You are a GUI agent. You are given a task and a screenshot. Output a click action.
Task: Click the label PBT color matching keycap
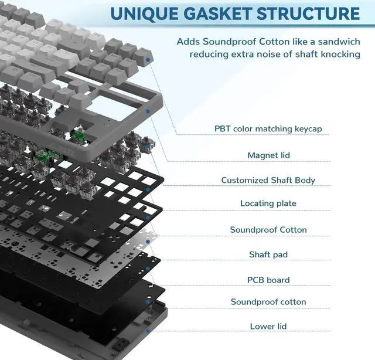268,128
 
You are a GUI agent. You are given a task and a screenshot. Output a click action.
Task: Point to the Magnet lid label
268,155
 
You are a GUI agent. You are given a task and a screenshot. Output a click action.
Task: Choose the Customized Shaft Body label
268,180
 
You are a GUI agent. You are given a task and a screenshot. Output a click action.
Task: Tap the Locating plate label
268,203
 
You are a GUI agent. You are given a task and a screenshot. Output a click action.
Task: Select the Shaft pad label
268,254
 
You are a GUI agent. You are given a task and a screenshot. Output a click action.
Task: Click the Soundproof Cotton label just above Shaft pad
268,230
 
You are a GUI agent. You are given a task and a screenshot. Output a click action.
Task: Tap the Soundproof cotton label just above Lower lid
268,302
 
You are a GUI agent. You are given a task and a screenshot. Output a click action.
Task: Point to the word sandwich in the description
337,42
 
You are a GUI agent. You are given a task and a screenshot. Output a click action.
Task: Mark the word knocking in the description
338,55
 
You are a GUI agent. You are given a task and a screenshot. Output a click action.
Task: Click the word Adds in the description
187,42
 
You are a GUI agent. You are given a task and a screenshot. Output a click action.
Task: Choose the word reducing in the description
208,55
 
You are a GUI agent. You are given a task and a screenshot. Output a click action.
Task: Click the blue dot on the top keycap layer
150,60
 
